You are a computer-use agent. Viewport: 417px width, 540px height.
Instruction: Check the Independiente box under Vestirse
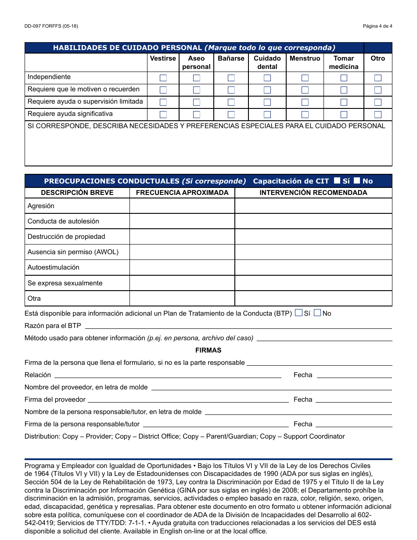(x=163, y=78)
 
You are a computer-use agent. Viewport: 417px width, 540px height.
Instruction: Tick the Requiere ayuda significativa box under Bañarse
(x=231, y=115)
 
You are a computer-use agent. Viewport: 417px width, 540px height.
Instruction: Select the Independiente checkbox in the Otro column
(x=378, y=78)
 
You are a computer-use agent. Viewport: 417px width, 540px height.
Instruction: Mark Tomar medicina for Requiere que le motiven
(x=344, y=90)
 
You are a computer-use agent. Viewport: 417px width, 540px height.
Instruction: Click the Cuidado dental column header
(x=267, y=62)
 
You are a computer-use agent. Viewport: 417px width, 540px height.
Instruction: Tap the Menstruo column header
(x=305, y=58)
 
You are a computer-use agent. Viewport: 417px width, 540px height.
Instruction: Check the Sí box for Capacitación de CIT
(x=337, y=180)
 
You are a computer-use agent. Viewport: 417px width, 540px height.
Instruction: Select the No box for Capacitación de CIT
(x=357, y=180)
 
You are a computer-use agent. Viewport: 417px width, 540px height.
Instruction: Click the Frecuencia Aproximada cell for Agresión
(x=182, y=206)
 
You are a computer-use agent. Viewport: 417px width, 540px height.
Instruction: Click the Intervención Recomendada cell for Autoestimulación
(x=313, y=267)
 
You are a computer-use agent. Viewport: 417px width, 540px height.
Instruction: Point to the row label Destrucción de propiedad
(x=66, y=237)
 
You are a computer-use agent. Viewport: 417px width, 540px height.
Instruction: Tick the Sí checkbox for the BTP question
(x=298, y=313)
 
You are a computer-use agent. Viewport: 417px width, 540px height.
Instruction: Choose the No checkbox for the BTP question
(x=317, y=313)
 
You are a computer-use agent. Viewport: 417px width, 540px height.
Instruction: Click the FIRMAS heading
(x=208, y=350)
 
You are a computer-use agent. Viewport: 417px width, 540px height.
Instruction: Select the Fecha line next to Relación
(x=354, y=375)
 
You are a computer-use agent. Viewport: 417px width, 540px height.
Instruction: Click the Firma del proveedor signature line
(x=188, y=400)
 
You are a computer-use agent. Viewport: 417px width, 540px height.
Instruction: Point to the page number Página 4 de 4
(x=377, y=26)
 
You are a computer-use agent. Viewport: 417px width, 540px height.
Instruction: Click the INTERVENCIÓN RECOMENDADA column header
(x=313, y=193)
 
